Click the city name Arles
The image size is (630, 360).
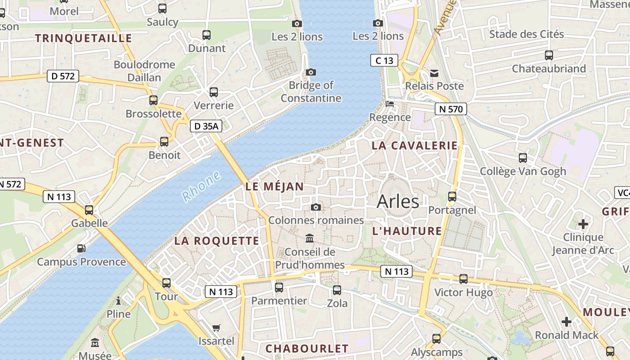(x=398, y=201)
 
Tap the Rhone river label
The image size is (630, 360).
(x=202, y=186)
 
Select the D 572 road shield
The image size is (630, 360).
(x=63, y=76)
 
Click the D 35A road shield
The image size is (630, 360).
(x=206, y=126)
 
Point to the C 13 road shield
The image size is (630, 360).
(x=384, y=60)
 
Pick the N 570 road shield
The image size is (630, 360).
(x=451, y=108)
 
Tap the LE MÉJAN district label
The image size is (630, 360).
(x=274, y=186)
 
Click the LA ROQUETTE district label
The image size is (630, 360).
(x=217, y=241)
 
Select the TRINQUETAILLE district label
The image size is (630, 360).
(x=84, y=38)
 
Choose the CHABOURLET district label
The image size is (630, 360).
(x=307, y=349)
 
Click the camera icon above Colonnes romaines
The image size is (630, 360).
(x=316, y=207)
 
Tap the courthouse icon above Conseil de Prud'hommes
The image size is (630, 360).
(x=310, y=238)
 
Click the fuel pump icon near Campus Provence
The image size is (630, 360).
(x=81, y=248)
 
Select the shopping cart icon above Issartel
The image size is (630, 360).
(x=216, y=328)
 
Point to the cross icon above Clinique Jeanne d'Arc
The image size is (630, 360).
(x=583, y=224)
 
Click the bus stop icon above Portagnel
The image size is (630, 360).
(x=452, y=197)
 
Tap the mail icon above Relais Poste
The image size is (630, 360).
(x=434, y=73)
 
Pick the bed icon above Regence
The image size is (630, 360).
(x=390, y=104)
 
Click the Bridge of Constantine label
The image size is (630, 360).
(x=311, y=91)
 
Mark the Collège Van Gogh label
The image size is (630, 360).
(x=523, y=171)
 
